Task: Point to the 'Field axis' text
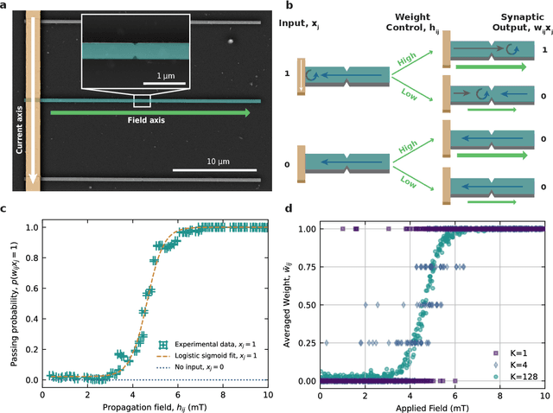[x=140, y=121]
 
